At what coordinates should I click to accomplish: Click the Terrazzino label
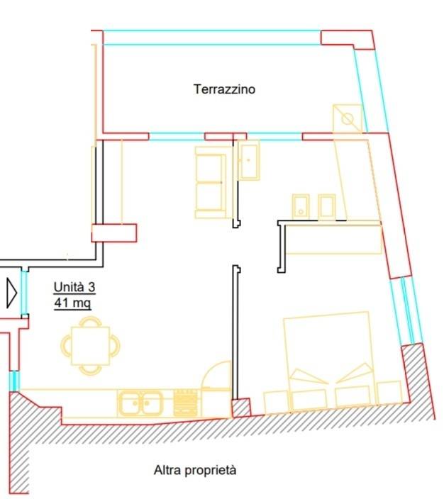[x=224, y=89]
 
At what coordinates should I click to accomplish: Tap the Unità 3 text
[x=74, y=287]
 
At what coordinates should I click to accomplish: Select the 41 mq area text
[x=72, y=303]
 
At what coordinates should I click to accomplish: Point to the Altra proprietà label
[x=195, y=470]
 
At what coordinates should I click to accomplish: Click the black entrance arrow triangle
[x=11, y=293]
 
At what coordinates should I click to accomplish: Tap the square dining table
[x=91, y=346]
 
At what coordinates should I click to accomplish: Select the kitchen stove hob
[x=185, y=403]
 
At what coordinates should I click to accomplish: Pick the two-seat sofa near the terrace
[x=211, y=182]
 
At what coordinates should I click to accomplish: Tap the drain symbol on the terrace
[x=348, y=118]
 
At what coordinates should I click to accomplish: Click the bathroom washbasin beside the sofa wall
[x=249, y=160]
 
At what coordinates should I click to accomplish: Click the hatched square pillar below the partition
[x=240, y=408]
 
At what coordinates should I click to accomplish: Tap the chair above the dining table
[x=91, y=321]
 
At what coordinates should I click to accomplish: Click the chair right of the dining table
[x=115, y=346]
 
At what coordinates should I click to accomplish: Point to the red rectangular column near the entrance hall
[x=114, y=233]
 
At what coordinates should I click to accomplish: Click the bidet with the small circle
[x=300, y=206]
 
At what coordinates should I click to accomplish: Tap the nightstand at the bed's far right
[x=389, y=393]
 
